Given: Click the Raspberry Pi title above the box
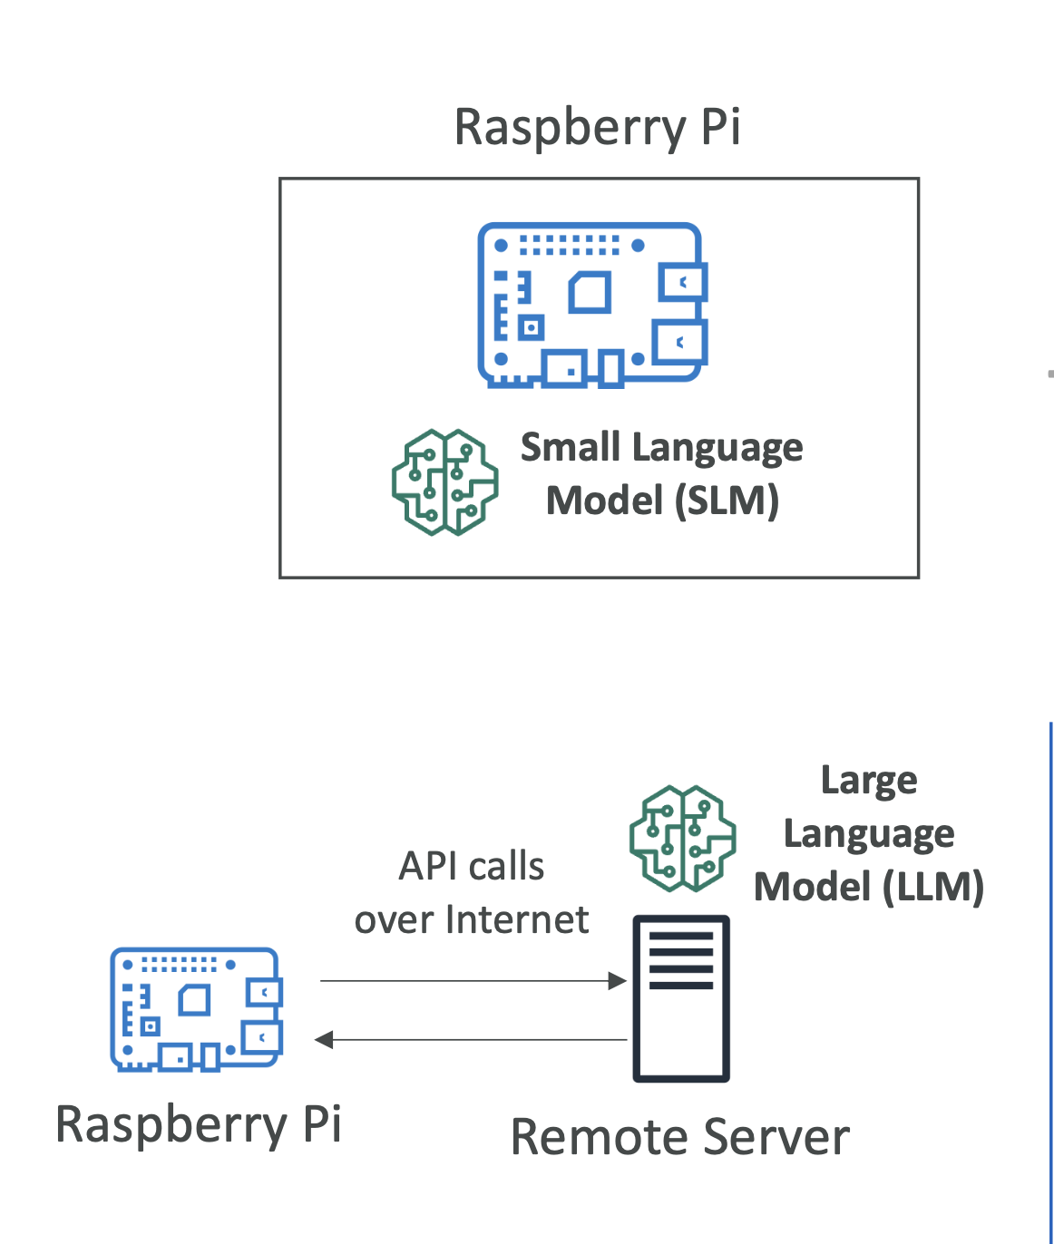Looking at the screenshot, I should [x=597, y=127].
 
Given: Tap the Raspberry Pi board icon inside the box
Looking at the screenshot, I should [x=592, y=305].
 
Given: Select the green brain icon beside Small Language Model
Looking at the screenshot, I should [x=444, y=481].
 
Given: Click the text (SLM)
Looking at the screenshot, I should [x=727, y=501].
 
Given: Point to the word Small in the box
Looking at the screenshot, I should [x=571, y=447].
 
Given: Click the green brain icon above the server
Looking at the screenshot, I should [x=682, y=838].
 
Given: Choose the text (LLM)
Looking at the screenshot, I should [x=933, y=886].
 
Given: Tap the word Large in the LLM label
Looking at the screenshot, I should [x=869, y=781].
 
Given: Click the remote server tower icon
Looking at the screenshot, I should [x=681, y=998].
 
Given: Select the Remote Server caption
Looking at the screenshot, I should [x=680, y=1137].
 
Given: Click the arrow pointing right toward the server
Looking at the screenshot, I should [x=473, y=980].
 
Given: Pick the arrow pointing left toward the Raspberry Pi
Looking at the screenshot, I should [x=471, y=1039].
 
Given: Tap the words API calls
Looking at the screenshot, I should [x=472, y=866].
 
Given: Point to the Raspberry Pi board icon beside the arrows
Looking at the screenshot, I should [x=196, y=1009].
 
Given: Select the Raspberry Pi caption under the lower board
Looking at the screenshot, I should [x=199, y=1124].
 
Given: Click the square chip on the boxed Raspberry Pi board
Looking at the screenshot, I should [x=590, y=293].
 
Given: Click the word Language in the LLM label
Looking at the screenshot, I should [x=869, y=833].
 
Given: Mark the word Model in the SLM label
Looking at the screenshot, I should [x=605, y=501].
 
